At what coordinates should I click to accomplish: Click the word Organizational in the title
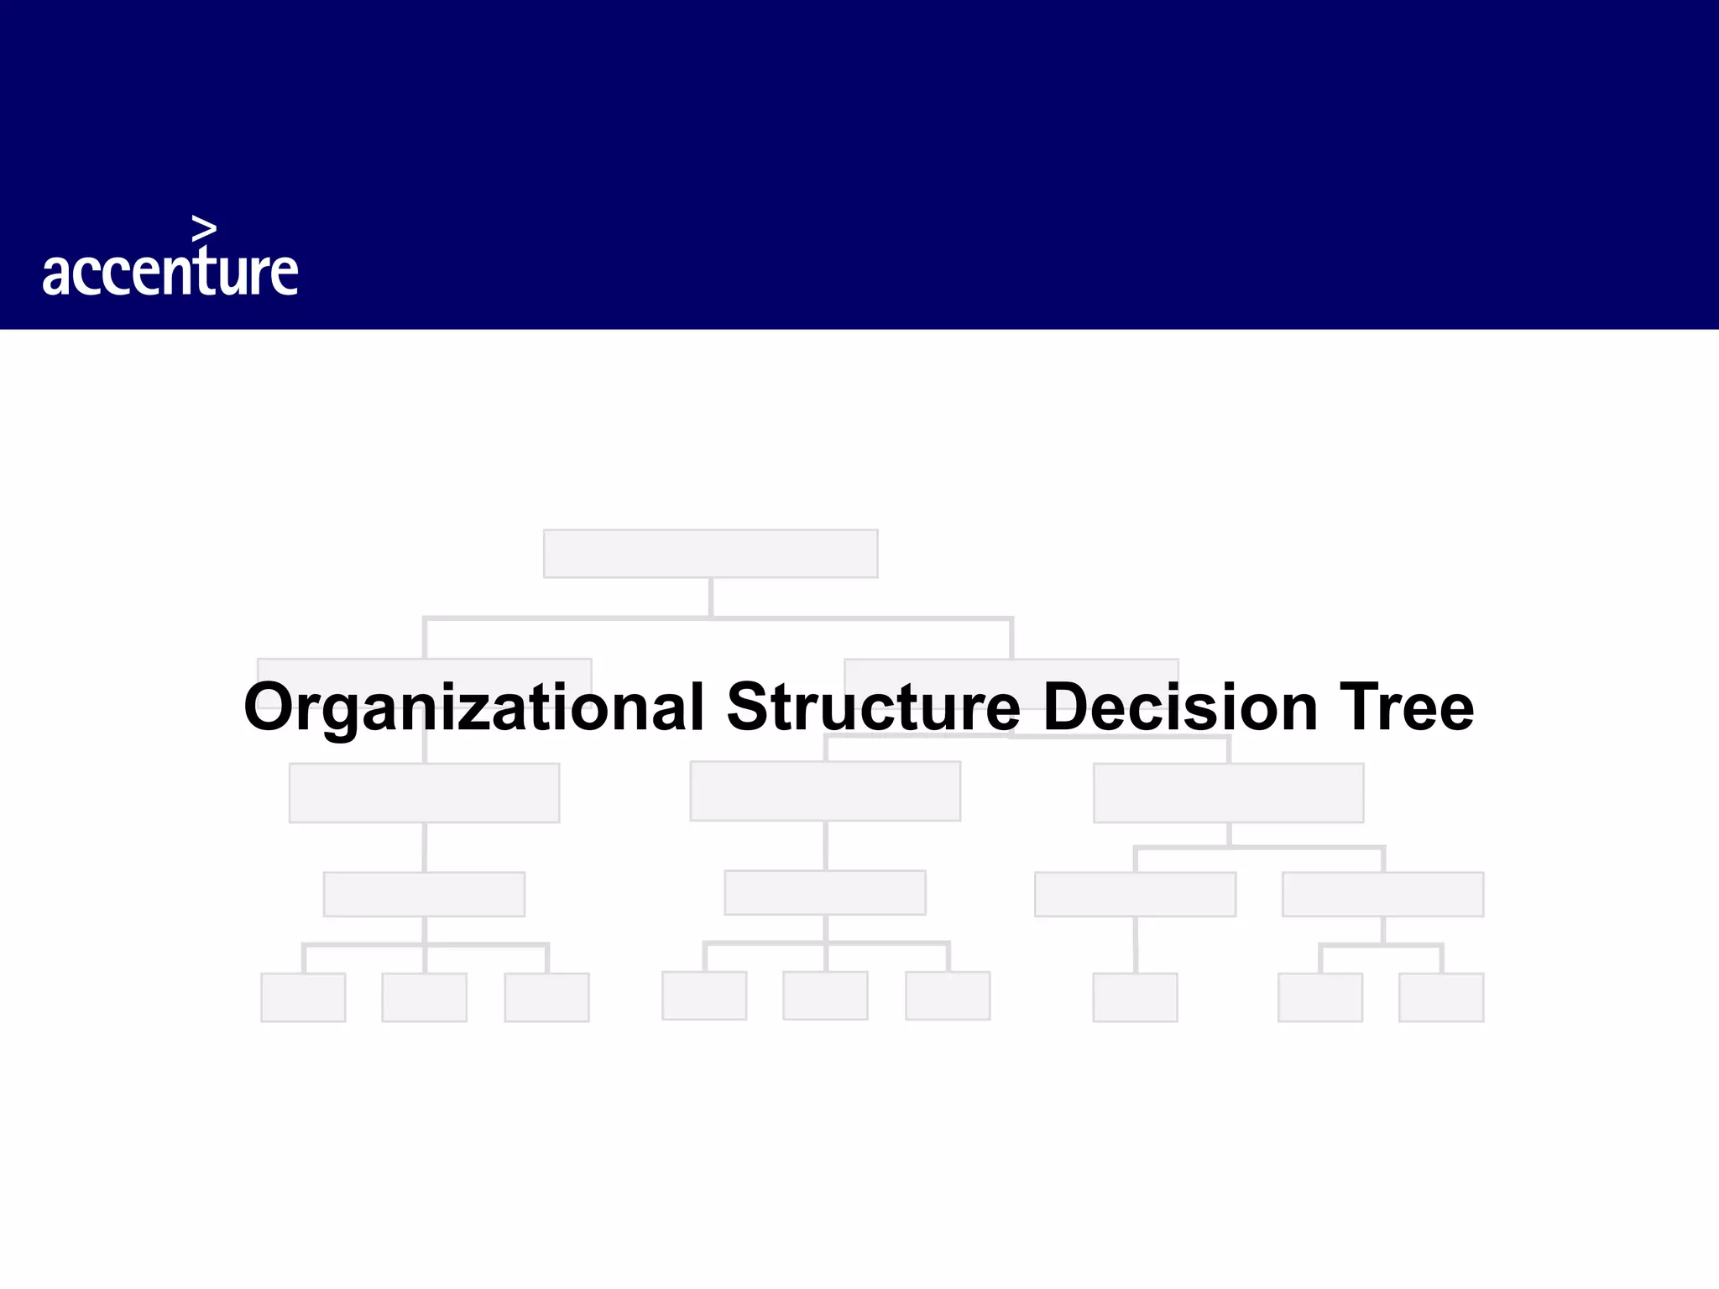tap(473, 707)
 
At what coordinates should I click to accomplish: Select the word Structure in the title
tap(873, 707)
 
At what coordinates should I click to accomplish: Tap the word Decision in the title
tap(1180, 707)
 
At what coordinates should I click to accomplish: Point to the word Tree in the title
tap(1406, 707)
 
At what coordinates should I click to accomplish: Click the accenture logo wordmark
tap(170, 271)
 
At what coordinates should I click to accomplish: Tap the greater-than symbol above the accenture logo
tap(204, 227)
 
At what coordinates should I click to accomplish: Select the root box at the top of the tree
tap(710, 553)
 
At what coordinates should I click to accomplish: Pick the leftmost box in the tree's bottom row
tap(303, 997)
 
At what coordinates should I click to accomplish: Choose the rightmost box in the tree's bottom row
tap(1441, 997)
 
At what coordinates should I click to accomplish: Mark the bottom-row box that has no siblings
tap(1135, 997)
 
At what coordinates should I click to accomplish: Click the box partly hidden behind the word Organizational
tap(424, 669)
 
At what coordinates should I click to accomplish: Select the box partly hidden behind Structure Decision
tap(1011, 669)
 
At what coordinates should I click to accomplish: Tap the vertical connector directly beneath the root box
tap(711, 597)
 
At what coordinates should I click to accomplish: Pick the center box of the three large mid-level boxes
tap(825, 791)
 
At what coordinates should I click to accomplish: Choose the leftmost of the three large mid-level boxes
tap(424, 792)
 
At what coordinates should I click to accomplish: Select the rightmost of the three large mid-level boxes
tap(1228, 792)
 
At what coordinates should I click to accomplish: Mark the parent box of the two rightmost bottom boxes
tap(1382, 894)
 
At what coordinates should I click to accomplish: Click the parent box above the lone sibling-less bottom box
tap(1135, 894)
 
